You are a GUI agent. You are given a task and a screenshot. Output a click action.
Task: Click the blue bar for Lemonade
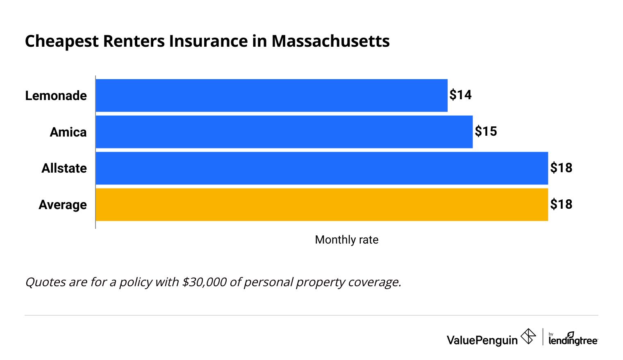pyautogui.click(x=271, y=95)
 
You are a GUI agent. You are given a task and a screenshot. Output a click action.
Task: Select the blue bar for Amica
pyautogui.click(x=284, y=132)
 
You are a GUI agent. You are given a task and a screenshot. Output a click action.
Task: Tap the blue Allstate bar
pyautogui.click(x=322, y=168)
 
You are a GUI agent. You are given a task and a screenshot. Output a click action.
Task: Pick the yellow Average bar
pyautogui.click(x=322, y=205)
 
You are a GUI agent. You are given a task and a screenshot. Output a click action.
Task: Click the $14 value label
pyautogui.click(x=460, y=95)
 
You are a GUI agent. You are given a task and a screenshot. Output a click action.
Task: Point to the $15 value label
pyautogui.click(x=486, y=132)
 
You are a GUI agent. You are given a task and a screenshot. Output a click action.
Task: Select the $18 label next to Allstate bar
pyautogui.click(x=561, y=168)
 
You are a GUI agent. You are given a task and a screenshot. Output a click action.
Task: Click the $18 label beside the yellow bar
pyautogui.click(x=561, y=205)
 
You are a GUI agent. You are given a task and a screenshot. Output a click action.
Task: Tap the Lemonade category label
pyautogui.click(x=56, y=96)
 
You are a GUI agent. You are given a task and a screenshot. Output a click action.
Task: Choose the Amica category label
pyautogui.click(x=68, y=132)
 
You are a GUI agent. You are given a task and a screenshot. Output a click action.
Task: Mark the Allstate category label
pyautogui.click(x=64, y=168)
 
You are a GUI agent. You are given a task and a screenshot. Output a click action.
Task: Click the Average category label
pyautogui.click(x=63, y=205)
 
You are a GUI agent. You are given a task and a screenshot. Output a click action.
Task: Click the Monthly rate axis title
pyautogui.click(x=346, y=240)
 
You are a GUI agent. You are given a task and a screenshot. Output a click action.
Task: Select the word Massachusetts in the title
pyautogui.click(x=330, y=41)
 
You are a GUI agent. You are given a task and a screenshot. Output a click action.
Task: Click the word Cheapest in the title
pyautogui.click(x=62, y=41)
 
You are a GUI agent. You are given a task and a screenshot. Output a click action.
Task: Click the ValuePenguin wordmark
pyautogui.click(x=482, y=340)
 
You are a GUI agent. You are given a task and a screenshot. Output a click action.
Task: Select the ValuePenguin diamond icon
pyautogui.click(x=528, y=337)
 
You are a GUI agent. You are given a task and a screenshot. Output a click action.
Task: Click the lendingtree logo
pyautogui.click(x=573, y=339)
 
